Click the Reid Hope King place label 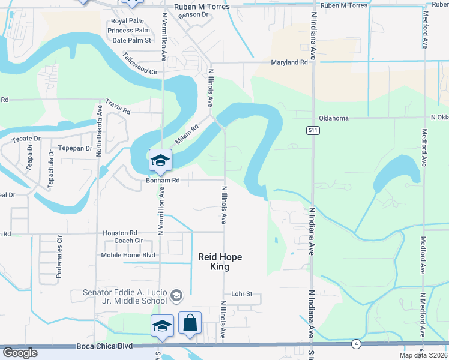[x=220, y=262]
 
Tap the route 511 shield [x=313, y=130]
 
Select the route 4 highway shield [x=356, y=344]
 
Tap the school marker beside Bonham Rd [x=161, y=160]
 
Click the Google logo [x=20, y=353]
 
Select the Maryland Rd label [x=289, y=62]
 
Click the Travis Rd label [x=118, y=107]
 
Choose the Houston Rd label [x=120, y=233]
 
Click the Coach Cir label [x=128, y=241]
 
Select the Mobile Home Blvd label [x=128, y=255]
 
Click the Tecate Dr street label [x=26, y=139]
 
